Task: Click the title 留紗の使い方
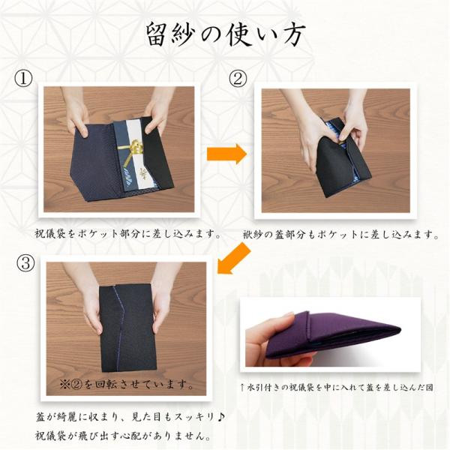coord(226,35)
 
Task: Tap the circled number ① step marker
coord(23,78)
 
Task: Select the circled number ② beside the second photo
coord(237,78)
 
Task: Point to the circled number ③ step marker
coord(25,262)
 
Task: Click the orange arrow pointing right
coord(226,154)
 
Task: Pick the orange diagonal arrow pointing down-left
coord(234,258)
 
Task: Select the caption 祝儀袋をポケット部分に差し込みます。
coord(128,234)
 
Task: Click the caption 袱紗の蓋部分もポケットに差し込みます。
coord(341,235)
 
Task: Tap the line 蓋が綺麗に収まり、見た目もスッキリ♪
coord(130,417)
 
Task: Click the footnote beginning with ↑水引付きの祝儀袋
coord(337,388)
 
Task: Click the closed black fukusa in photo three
coord(127,328)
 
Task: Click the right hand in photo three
coord(163,301)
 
